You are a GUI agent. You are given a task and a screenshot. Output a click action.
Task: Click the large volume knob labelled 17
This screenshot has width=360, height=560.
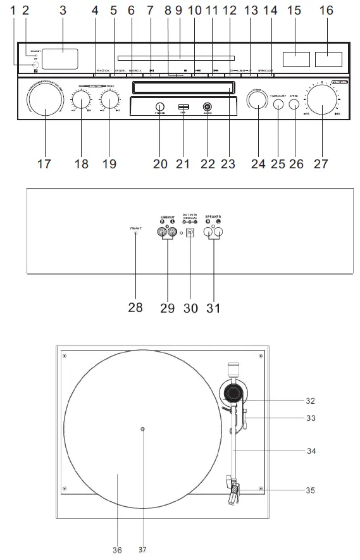tap(45, 101)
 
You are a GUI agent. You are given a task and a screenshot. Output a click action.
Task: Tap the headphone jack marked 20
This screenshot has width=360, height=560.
tap(160, 107)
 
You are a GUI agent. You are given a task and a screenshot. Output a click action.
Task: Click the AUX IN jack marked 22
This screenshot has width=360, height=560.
tap(206, 107)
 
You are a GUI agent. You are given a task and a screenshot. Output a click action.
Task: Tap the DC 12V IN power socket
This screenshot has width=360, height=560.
tap(189, 232)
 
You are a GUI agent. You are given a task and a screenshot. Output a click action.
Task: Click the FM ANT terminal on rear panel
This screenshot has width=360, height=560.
tap(136, 233)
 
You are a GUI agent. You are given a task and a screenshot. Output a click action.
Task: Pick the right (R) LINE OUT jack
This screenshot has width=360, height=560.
tap(161, 232)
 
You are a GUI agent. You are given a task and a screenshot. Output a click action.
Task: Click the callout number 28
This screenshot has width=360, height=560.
tap(135, 308)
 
